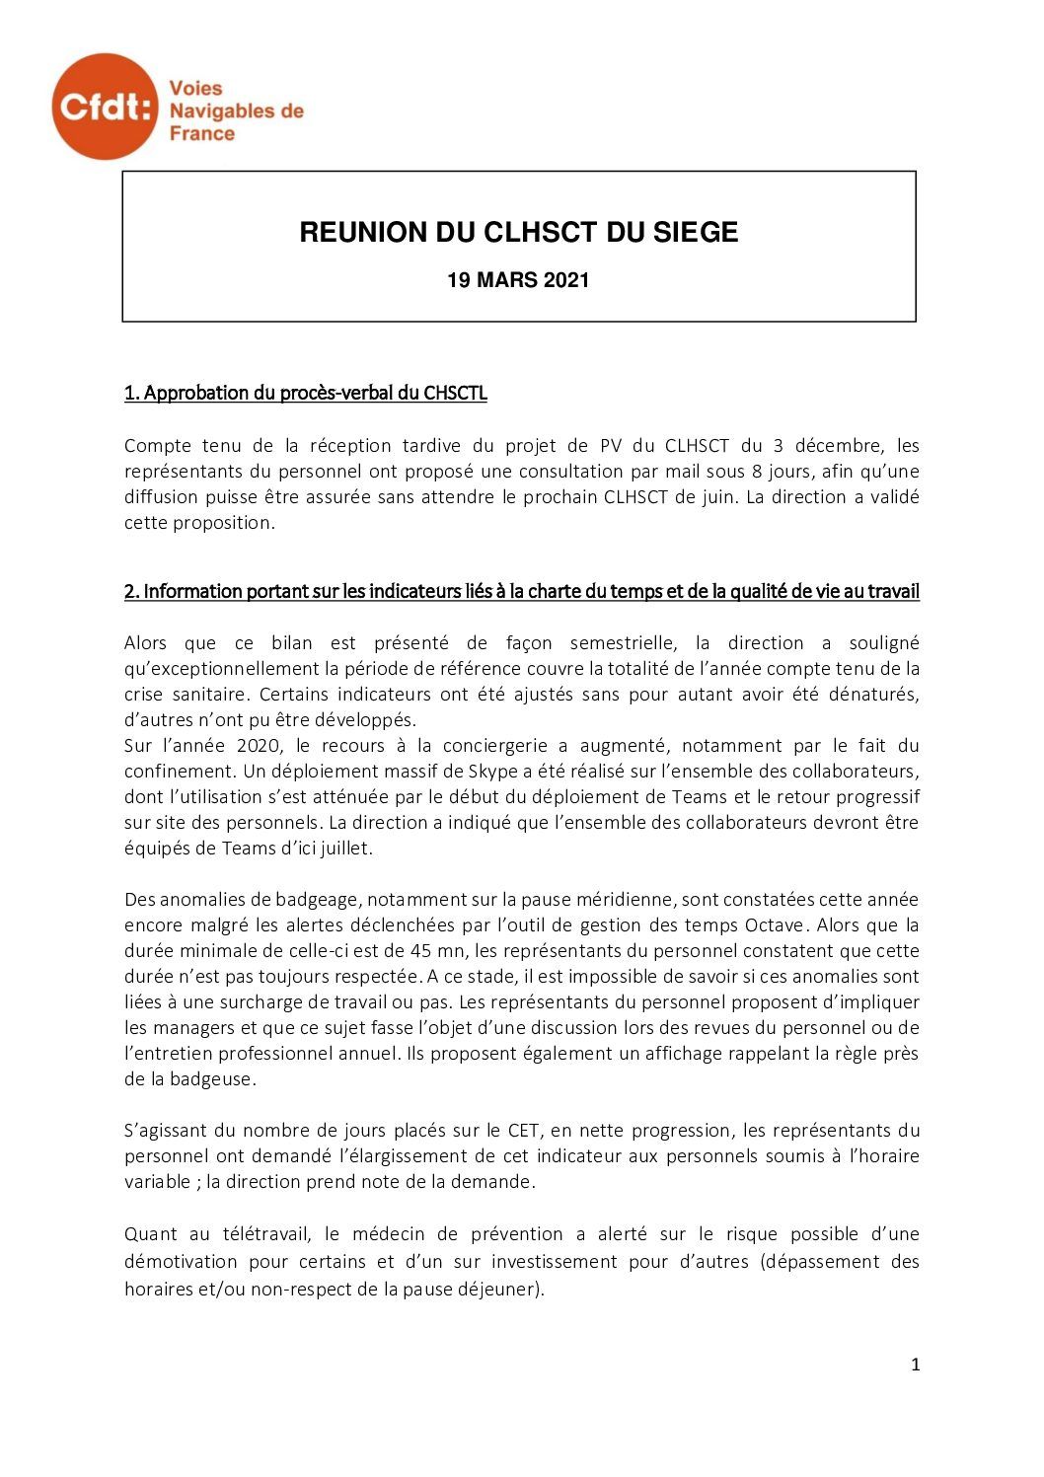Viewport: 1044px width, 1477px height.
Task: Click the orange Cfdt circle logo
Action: pyautogui.click(x=105, y=107)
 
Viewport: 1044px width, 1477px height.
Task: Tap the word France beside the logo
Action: pyautogui.click(x=202, y=134)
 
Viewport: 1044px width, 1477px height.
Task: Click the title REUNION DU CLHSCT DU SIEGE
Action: pyautogui.click(x=519, y=233)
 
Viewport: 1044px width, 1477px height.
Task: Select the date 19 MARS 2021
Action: pyautogui.click(x=518, y=280)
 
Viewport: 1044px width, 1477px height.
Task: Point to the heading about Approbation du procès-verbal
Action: pyautogui.click(x=306, y=393)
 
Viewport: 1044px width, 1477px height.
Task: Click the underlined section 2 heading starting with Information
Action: pyautogui.click(x=521, y=591)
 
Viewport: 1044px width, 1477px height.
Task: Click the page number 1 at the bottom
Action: pyautogui.click(x=915, y=1365)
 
